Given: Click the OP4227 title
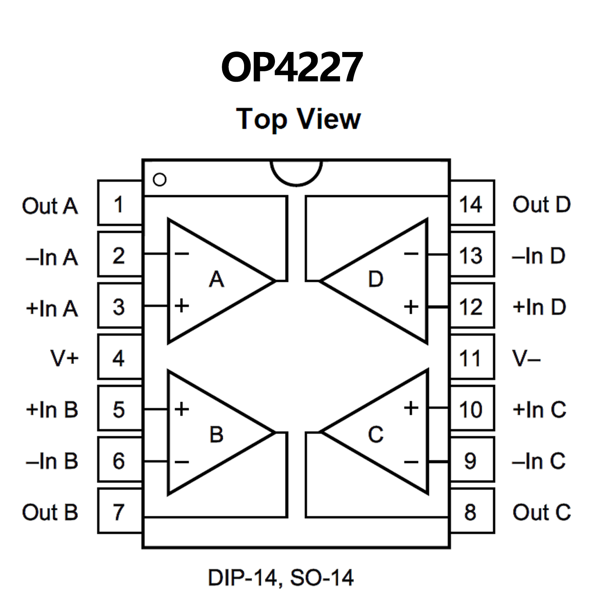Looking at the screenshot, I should [292, 67].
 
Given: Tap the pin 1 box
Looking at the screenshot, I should [120, 203].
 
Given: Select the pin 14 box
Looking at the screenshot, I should [472, 203].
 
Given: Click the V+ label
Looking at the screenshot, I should [64, 358].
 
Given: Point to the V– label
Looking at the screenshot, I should [526, 358].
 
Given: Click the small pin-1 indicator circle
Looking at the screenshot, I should [159, 179].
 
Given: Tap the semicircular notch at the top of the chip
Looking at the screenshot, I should [296, 173].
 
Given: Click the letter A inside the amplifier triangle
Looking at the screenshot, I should [216, 279].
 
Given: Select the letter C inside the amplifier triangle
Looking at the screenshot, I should [375, 435].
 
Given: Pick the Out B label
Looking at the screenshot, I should [50, 512].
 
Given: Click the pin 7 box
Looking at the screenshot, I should [120, 511].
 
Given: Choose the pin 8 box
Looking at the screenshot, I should [472, 511].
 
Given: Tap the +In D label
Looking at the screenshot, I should [539, 307].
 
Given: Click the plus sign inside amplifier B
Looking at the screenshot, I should [182, 409].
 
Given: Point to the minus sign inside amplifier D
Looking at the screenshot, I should [411, 253].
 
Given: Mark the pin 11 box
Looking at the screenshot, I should [472, 357].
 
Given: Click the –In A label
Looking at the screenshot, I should [52, 257].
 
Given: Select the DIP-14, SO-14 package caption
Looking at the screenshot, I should [281, 578].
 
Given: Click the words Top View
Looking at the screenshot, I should [298, 119].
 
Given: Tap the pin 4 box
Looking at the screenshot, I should [120, 357].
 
